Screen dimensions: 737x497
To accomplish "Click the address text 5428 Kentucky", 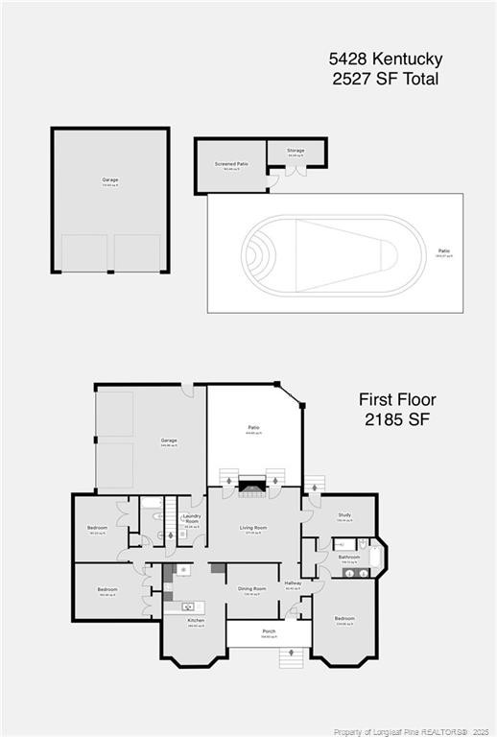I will click(384, 59).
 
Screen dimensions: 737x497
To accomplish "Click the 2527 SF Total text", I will click(384, 79).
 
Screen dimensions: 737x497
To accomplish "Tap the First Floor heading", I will click(397, 399).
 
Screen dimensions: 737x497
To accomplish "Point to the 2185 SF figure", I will click(397, 419).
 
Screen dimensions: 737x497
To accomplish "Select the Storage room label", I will click(296, 151).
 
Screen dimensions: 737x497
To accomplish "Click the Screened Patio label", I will click(230, 164).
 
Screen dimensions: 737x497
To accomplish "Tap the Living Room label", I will click(253, 528).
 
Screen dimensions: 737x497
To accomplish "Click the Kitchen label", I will click(195, 621).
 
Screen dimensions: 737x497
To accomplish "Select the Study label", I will click(343, 515).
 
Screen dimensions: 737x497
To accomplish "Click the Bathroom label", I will click(348, 557).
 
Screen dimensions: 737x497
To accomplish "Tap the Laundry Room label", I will click(191, 519).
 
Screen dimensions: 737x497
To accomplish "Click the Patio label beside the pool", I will click(443, 251).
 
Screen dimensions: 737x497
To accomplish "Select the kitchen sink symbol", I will click(188, 606).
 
